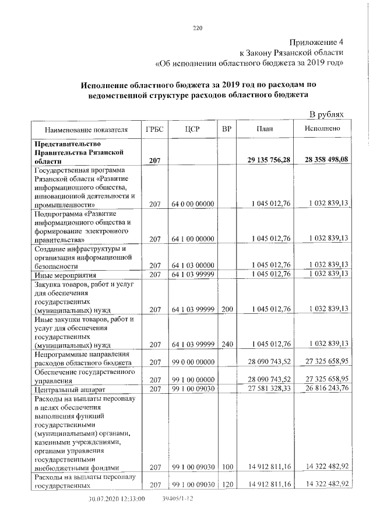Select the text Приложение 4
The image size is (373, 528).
pos(318,43)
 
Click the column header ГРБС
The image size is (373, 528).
pos(154,128)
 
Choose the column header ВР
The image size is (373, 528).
pos(226,128)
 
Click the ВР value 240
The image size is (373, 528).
pos(227,344)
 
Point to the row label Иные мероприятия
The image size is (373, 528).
pos(65,274)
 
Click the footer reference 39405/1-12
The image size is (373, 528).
pos(178,499)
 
